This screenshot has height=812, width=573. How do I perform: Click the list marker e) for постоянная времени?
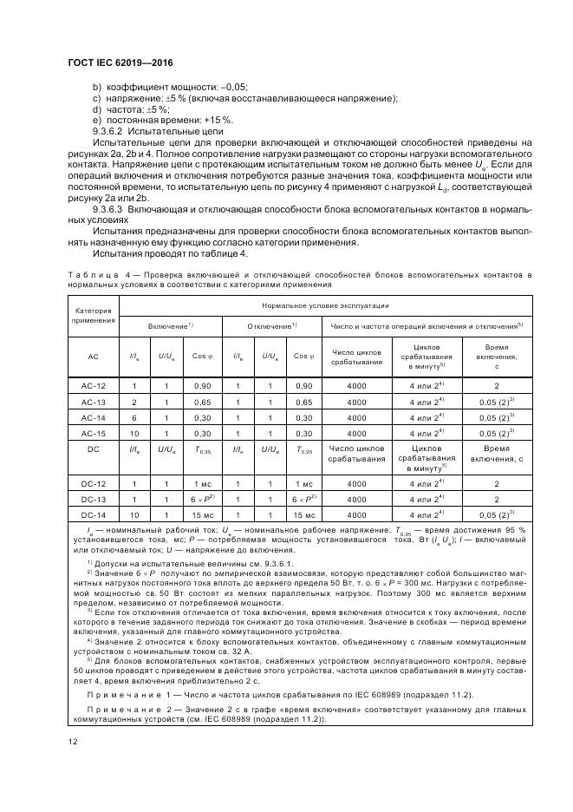point(96,120)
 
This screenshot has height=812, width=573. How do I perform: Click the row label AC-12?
point(93,384)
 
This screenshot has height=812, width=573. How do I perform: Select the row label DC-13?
point(93,499)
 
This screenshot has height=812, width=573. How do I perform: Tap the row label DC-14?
point(93,515)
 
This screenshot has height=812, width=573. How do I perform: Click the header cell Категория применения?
point(93,313)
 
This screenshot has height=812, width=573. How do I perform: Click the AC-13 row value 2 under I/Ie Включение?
point(134,402)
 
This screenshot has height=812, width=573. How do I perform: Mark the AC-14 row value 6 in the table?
point(134,417)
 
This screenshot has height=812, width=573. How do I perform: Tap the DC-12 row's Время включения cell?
point(496,483)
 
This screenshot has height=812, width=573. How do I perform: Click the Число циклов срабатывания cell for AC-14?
point(356,417)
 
